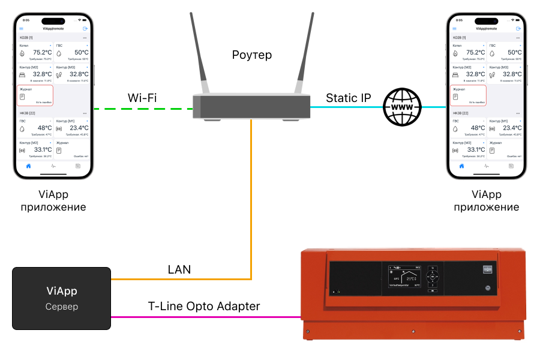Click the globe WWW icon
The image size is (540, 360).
coord(401,107)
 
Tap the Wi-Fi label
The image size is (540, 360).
coord(142,97)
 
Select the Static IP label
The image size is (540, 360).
coord(349,97)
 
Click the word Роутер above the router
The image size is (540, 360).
coord(252,55)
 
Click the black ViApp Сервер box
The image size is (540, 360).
coord(62,298)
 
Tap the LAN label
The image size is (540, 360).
coord(179,270)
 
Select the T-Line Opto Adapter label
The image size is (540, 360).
coord(204,306)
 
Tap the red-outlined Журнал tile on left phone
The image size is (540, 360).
coord(35,95)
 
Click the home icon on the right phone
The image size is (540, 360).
coord(461,166)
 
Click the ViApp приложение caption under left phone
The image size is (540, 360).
coord(53,201)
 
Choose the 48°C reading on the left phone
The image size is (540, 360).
coord(44,128)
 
